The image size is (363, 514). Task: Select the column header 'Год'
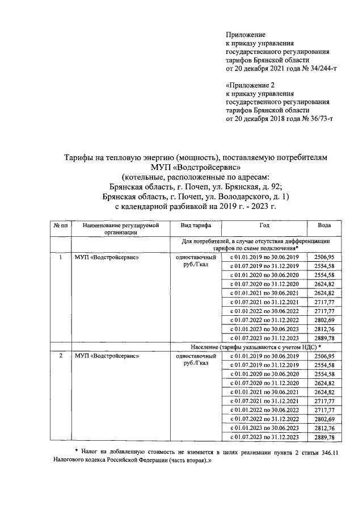pos(264,225)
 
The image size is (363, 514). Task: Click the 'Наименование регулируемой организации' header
pos(120,228)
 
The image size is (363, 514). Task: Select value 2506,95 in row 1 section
pos(324,257)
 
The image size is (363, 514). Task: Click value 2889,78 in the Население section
pos(324,437)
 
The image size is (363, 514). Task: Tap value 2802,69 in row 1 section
pos(324,320)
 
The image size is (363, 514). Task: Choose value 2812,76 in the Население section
pos(324,428)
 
